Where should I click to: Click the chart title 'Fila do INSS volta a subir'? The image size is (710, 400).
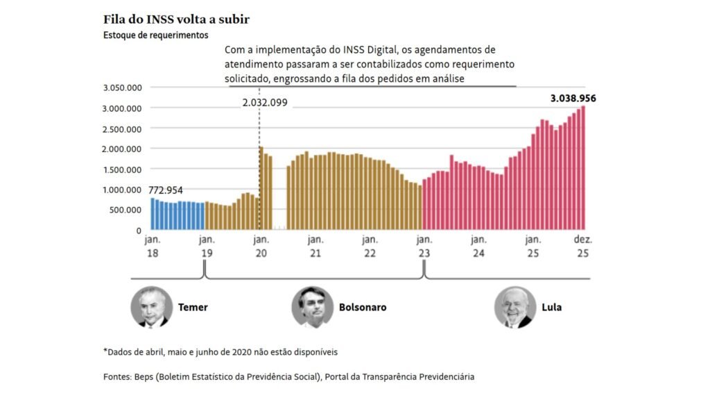pos(176,19)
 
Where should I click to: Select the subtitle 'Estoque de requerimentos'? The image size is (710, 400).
pos(155,35)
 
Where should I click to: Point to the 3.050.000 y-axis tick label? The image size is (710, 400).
pos(122,87)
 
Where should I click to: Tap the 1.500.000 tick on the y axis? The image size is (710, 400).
pos(122,169)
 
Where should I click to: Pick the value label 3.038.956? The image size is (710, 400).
pos(573,99)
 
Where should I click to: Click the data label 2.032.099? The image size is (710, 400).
pos(264,103)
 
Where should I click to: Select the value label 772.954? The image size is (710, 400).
pos(166,190)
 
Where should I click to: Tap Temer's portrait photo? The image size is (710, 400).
pos(151,307)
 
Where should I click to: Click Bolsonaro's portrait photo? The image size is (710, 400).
pos(312,307)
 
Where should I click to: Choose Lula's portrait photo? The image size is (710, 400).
pos(515,307)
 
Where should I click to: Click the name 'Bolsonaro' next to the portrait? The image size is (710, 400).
pos(363,307)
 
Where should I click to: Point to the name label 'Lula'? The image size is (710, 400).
pos(552,307)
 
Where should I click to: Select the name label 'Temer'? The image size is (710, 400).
pos(193,307)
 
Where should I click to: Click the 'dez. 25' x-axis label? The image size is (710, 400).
pos(582,247)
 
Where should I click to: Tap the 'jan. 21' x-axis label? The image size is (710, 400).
pos(315,247)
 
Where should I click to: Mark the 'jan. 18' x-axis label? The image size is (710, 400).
pos(152,247)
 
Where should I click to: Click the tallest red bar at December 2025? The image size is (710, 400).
pos(583,167)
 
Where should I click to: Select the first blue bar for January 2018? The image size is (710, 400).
pos(153,214)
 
